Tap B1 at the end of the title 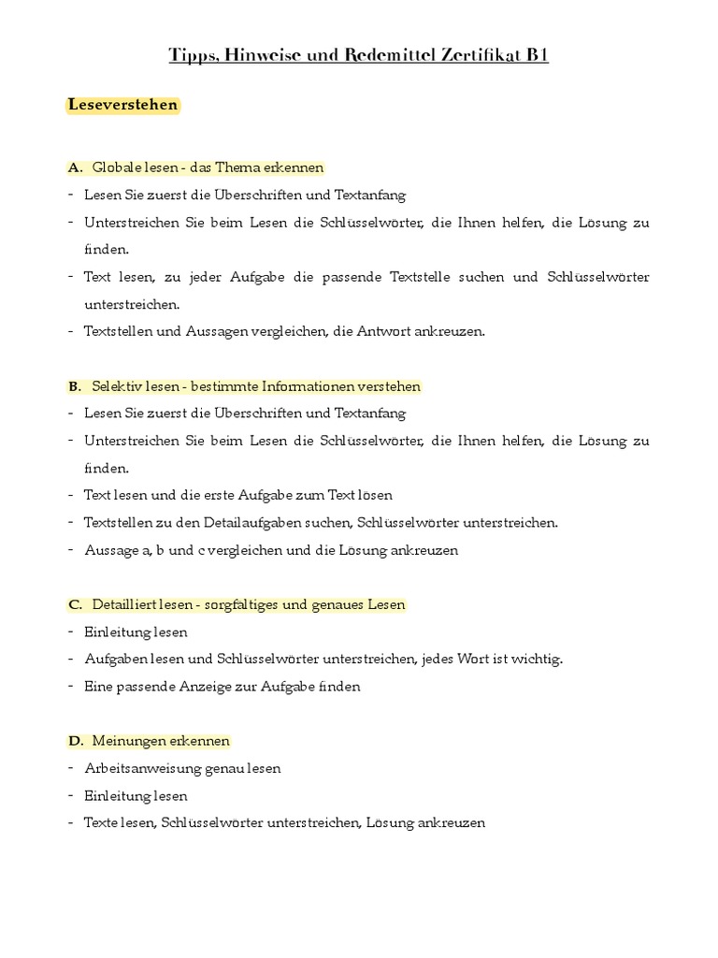click(x=537, y=55)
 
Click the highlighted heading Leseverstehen click(x=122, y=105)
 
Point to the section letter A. click(x=75, y=167)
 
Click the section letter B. click(x=75, y=386)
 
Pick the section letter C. click(x=75, y=604)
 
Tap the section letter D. click(x=76, y=741)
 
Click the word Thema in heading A click(x=237, y=167)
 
